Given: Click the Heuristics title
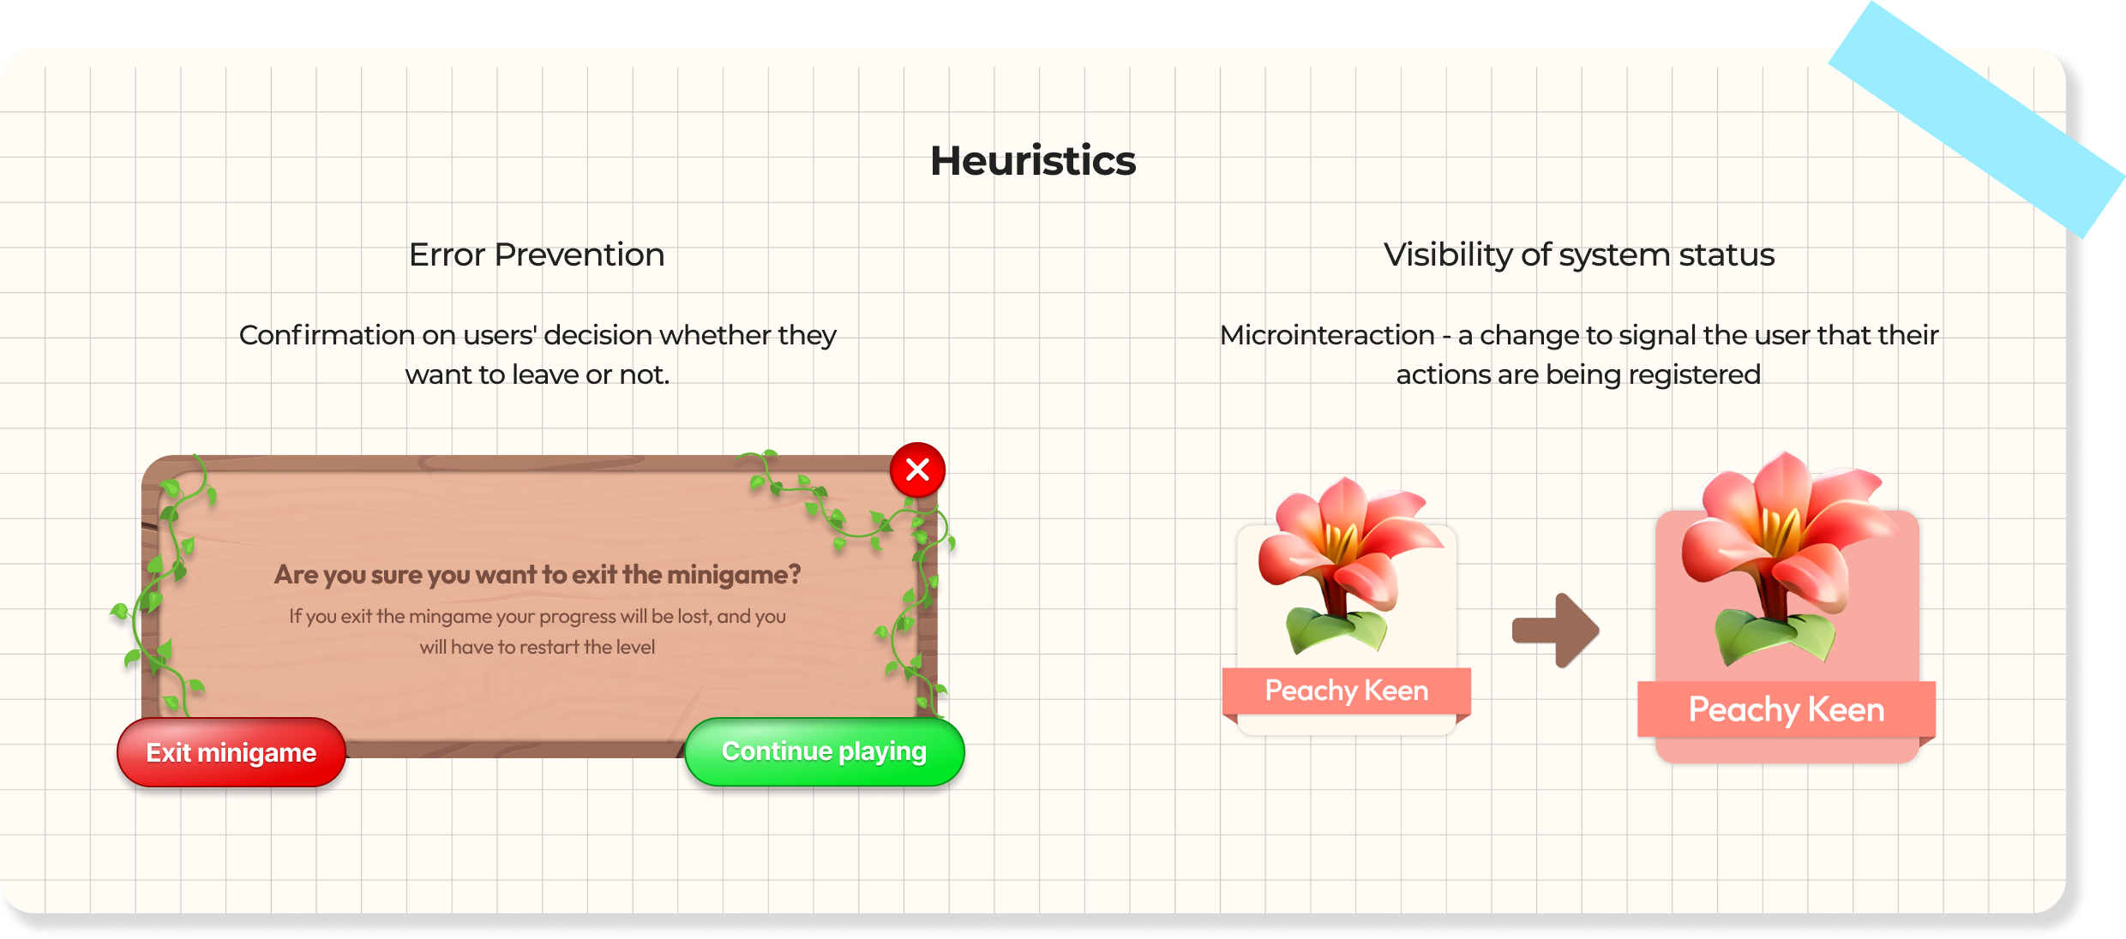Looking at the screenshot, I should (1033, 161).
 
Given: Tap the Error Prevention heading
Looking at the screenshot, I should (537, 255).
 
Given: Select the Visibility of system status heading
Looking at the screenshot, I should (1578, 255).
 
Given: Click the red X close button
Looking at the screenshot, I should (917, 469).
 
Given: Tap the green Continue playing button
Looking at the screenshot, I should (824, 751).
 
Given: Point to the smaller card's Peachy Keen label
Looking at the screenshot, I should (1346, 691).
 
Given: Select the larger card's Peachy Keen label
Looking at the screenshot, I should (1786, 709).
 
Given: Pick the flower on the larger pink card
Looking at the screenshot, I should (1783, 557).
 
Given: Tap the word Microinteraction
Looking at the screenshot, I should (1327, 335).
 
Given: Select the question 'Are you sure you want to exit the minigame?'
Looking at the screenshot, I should (538, 574).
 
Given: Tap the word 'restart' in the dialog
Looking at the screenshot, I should (549, 648).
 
